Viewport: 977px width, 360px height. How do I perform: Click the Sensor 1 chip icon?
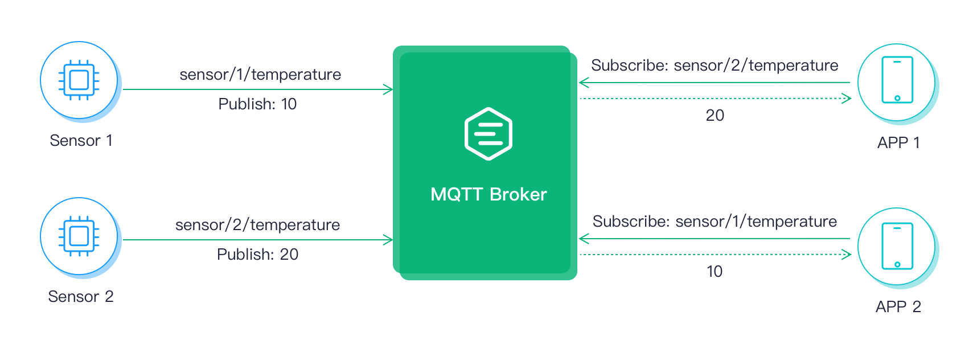tap(79, 80)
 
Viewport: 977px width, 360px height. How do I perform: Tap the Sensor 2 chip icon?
tap(79, 236)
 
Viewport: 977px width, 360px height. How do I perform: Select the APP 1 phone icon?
tap(897, 80)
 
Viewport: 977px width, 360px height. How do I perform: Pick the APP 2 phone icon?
tap(897, 246)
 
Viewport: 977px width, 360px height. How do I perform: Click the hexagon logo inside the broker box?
tap(488, 134)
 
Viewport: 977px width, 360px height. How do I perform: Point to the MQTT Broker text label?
tap(488, 195)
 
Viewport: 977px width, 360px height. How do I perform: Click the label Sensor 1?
tap(81, 141)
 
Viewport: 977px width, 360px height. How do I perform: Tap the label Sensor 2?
tap(81, 297)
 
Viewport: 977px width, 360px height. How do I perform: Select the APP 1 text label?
tap(898, 143)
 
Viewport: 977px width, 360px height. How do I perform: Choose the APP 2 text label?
tap(898, 307)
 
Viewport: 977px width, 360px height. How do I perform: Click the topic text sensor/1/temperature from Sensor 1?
tap(260, 75)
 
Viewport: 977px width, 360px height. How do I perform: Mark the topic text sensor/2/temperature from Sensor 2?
tap(258, 225)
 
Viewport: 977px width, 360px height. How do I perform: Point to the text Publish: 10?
tap(257, 104)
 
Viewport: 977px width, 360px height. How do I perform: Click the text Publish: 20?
tap(257, 255)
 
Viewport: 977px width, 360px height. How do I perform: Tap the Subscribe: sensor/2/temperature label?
tap(715, 66)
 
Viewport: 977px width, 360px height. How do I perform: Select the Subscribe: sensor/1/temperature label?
tap(715, 222)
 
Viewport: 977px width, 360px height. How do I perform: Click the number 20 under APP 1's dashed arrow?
tap(715, 116)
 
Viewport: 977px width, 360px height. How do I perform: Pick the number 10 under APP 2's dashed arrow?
tap(715, 272)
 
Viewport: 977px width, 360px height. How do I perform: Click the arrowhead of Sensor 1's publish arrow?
tap(388, 89)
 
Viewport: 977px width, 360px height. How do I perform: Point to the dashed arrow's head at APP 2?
tap(847, 254)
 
